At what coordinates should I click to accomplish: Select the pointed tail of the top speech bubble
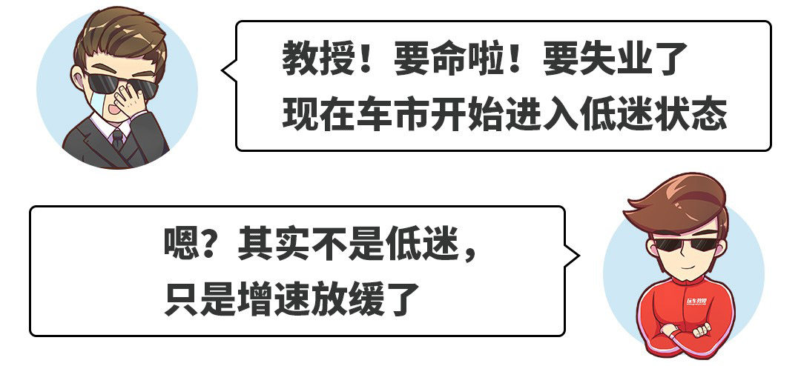(228, 70)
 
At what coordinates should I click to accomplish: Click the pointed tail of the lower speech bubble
(573, 256)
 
